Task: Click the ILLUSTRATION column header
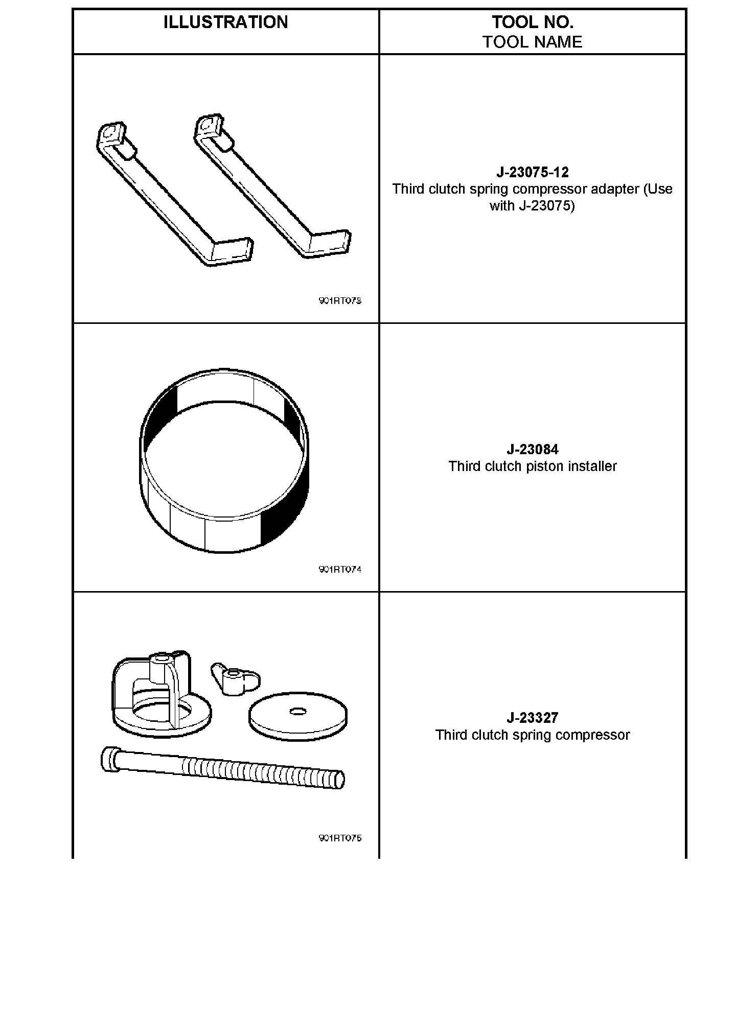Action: tap(225, 22)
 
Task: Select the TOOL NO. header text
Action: tap(532, 22)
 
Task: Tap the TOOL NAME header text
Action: tap(532, 42)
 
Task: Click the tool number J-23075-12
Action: tap(532, 172)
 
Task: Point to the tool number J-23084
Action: tap(532, 450)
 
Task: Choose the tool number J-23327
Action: tap(532, 718)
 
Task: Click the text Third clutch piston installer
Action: tap(532, 466)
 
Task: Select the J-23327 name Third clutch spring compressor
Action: tap(532, 735)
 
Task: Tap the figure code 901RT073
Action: tap(340, 301)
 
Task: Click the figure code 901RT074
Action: tap(340, 570)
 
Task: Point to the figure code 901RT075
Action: tap(340, 838)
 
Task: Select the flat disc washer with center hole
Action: tap(298, 715)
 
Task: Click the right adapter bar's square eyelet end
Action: tap(208, 125)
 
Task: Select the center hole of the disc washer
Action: tap(297, 711)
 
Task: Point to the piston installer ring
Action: tap(224, 460)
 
